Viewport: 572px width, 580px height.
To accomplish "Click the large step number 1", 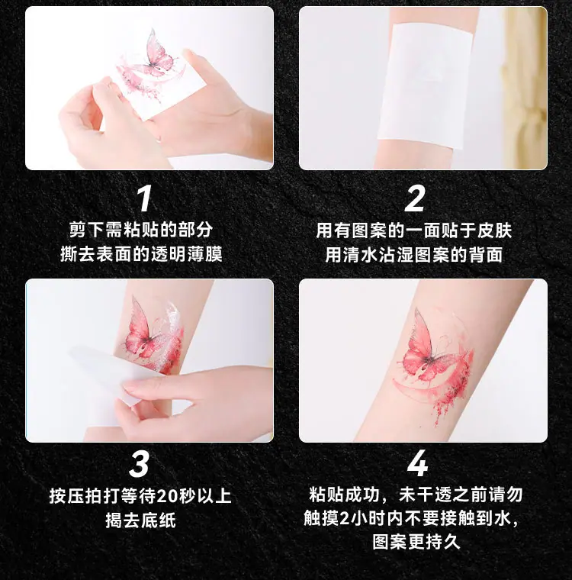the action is coord(145,198).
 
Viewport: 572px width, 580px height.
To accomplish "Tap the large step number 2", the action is coord(414,198).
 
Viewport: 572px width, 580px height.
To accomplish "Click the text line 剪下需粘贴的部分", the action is coord(141,230).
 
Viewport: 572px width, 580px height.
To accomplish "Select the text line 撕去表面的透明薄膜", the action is coord(141,254).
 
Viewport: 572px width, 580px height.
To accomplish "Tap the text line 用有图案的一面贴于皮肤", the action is coord(414,230).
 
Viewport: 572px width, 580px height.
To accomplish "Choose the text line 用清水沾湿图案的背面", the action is coord(414,255).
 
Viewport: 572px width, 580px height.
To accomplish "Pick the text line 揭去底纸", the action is coord(140,520).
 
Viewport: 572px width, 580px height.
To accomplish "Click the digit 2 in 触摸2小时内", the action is coord(344,519).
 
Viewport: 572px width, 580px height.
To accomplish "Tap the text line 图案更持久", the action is coord(416,543).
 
